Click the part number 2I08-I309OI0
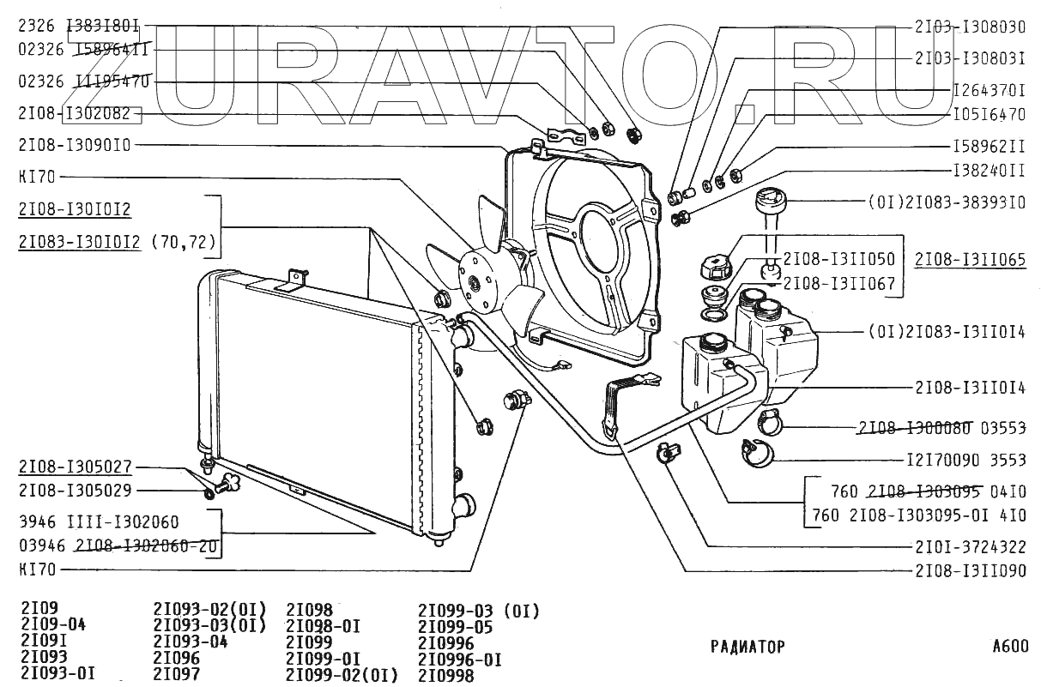(74, 145)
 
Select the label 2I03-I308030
(970, 27)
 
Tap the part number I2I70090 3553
(965, 460)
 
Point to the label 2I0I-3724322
(970, 546)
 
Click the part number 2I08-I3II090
(970, 570)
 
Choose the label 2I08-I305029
(74, 491)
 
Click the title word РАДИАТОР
(747, 647)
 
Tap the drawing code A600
(1008, 647)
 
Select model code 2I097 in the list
(177, 674)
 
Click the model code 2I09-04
(53, 624)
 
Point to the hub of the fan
(473, 280)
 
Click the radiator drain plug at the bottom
(229, 485)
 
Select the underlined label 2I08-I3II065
(970, 259)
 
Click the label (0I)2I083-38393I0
(947, 204)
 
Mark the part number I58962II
(989, 146)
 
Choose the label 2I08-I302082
(74, 113)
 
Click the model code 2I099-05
(456, 627)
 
